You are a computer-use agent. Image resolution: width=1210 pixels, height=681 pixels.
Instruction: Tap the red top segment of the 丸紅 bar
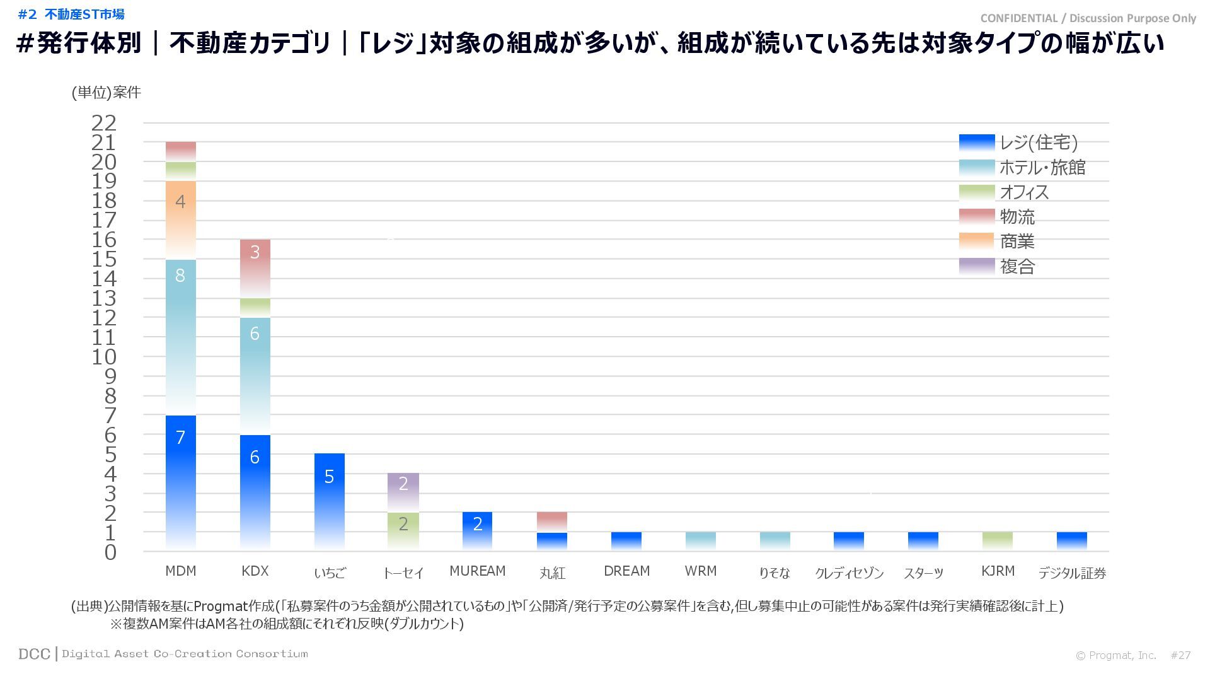coord(551,521)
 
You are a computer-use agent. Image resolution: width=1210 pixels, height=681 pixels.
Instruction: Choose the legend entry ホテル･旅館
coord(1042,167)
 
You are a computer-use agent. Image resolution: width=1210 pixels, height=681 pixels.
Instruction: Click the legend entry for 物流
coord(1017,217)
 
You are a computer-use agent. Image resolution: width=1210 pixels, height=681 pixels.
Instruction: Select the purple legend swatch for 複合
coord(976,266)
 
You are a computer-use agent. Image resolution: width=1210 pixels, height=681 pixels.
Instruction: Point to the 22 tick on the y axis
coord(104,123)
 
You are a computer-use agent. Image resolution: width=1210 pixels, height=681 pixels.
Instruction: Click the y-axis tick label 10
coord(104,357)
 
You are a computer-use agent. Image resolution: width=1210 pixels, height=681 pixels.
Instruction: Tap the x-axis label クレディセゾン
coord(849,573)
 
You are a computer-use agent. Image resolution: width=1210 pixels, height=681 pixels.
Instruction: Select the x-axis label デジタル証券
coord(1071,573)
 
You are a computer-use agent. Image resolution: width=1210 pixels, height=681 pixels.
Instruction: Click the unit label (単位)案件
coord(106,93)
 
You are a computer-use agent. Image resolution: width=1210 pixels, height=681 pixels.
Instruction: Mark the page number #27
coord(1180,655)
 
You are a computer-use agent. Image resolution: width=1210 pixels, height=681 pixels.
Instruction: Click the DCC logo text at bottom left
coord(34,654)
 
